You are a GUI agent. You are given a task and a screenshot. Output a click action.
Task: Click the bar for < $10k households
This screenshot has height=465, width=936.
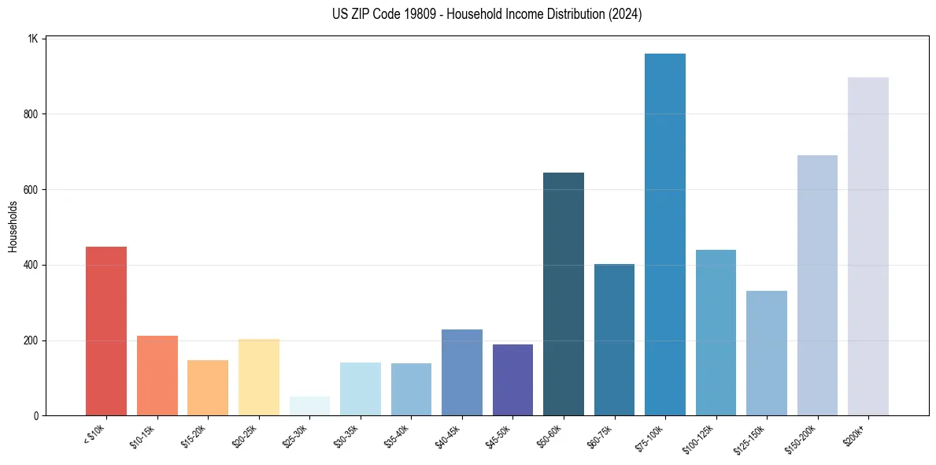click(106, 331)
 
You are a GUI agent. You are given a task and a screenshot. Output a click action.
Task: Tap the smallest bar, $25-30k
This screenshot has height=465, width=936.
click(309, 406)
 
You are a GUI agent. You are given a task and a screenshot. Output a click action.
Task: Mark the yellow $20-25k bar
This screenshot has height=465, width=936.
click(259, 378)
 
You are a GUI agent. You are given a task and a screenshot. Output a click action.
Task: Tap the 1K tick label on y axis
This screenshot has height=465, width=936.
click(33, 39)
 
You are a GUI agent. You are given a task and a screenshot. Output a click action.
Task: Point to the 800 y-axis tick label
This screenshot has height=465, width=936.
click(31, 114)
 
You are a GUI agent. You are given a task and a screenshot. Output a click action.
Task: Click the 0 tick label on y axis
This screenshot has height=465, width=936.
click(36, 416)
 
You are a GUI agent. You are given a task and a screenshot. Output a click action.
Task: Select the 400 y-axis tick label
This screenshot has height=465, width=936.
click(31, 266)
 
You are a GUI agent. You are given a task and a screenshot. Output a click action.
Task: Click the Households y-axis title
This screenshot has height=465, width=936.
click(13, 226)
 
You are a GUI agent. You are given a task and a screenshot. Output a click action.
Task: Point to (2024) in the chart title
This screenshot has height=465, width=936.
click(625, 14)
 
